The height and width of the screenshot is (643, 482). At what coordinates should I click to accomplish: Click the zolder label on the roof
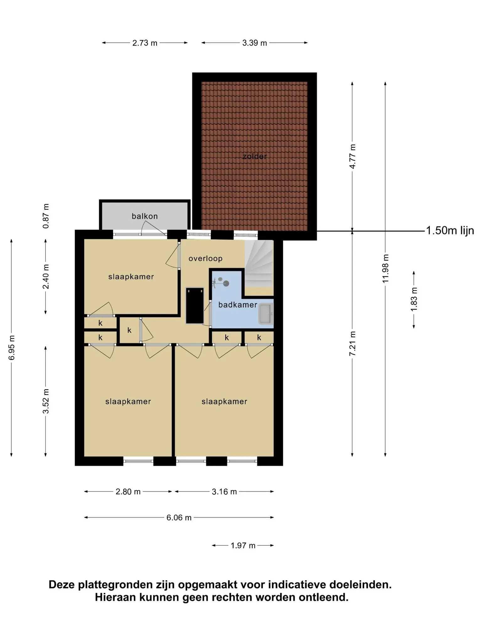pos(254,156)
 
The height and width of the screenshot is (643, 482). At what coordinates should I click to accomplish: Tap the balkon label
pos(145,216)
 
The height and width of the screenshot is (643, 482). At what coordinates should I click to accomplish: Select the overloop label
pos(206,258)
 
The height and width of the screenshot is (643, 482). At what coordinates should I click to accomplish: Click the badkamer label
pos(238,305)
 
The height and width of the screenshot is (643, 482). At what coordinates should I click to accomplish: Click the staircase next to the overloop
pos(259,264)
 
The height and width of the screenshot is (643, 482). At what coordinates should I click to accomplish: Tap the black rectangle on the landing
pos(195,305)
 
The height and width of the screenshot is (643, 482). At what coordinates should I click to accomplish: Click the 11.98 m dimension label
pos(385,268)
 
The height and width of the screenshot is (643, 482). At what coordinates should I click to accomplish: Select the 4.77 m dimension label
pos(352,156)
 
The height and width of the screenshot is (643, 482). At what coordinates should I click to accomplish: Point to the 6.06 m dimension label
pos(179,518)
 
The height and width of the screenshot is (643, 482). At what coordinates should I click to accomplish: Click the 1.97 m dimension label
pos(243,546)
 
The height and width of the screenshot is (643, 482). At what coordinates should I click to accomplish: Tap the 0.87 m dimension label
pos(46,216)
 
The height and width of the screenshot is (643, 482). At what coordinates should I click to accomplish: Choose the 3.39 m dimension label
pos(254,43)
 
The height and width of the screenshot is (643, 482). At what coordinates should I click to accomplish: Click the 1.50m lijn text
pos(450,231)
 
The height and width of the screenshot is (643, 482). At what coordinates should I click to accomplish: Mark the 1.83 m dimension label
pos(414,300)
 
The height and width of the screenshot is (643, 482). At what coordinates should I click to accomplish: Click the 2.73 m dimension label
pos(145,43)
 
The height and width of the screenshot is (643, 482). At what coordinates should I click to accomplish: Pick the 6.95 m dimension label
pos(12,348)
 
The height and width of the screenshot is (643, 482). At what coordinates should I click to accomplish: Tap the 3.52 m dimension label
pos(46,401)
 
